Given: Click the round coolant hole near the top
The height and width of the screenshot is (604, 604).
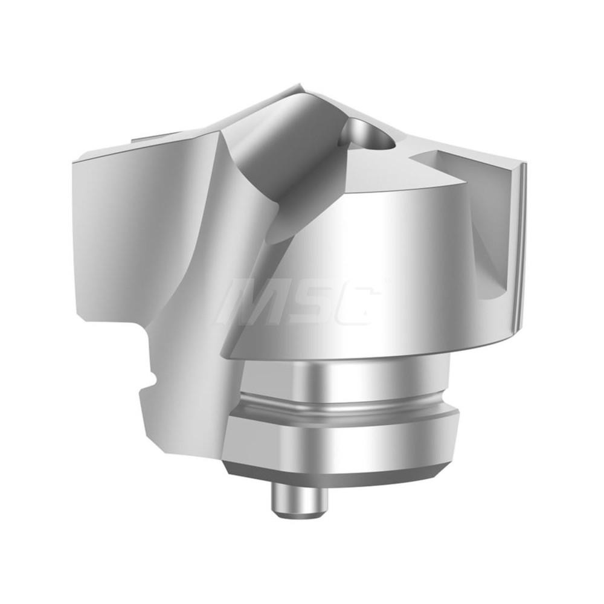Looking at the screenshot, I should (x=367, y=136).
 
